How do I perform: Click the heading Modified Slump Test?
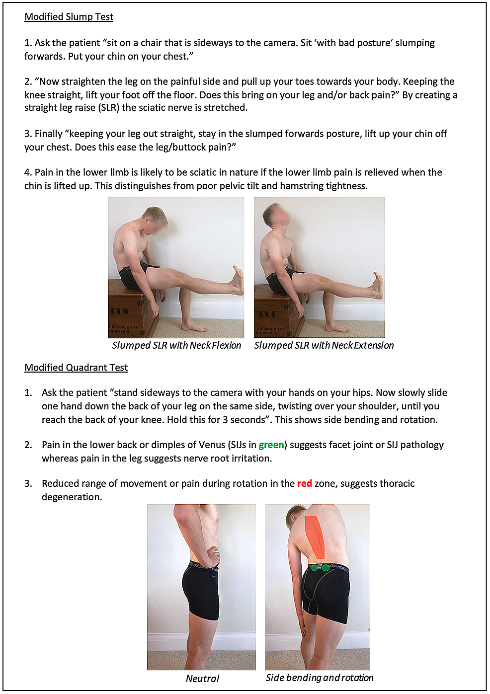(69, 17)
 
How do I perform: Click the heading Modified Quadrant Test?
(76, 368)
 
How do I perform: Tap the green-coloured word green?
(271, 445)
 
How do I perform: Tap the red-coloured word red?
(305, 484)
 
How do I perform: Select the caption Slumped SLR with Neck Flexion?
(176, 345)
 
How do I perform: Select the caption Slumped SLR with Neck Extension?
(324, 345)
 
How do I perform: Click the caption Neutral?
(202, 679)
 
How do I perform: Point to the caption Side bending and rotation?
(320, 678)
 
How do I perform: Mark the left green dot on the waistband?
(314, 567)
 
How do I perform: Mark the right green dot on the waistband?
(326, 567)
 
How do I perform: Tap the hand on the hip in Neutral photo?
(213, 551)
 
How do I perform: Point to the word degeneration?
(72, 497)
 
